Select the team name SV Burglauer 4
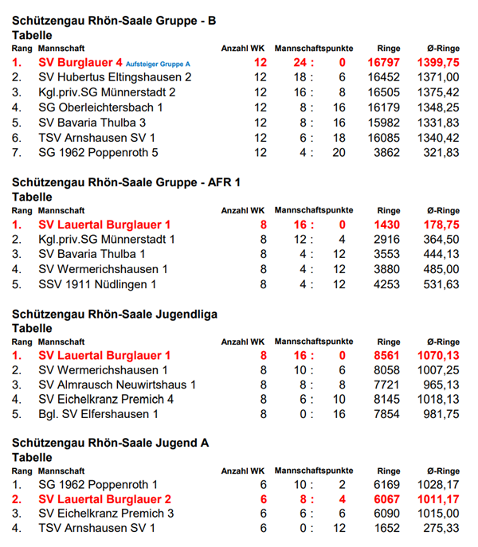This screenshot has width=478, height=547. [x=80, y=62]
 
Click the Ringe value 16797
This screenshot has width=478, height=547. [x=383, y=62]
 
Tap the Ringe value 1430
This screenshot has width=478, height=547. [x=386, y=225]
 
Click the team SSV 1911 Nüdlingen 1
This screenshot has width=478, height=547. [x=97, y=284]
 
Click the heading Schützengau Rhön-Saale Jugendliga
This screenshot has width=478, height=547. [x=115, y=315]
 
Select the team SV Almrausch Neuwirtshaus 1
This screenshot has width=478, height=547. [x=117, y=385]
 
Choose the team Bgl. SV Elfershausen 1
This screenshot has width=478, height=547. [x=99, y=415]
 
